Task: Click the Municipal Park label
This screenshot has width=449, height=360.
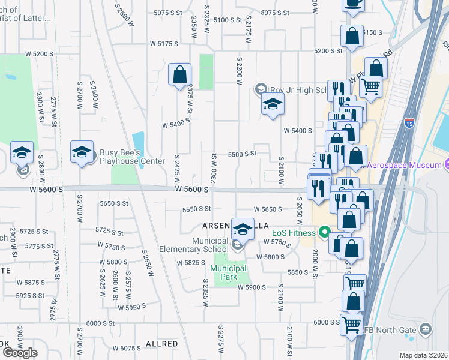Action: [229, 272]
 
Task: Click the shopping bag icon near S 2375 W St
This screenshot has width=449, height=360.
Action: [179, 75]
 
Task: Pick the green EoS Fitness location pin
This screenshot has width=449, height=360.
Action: [325, 231]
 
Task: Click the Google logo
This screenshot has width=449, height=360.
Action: [20, 352]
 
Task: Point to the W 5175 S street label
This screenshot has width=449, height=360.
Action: [164, 44]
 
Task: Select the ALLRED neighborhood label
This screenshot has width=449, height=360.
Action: [161, 344]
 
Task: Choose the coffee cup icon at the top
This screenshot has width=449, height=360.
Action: [353, 2]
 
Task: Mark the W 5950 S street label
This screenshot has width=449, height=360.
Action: [133, 308]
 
